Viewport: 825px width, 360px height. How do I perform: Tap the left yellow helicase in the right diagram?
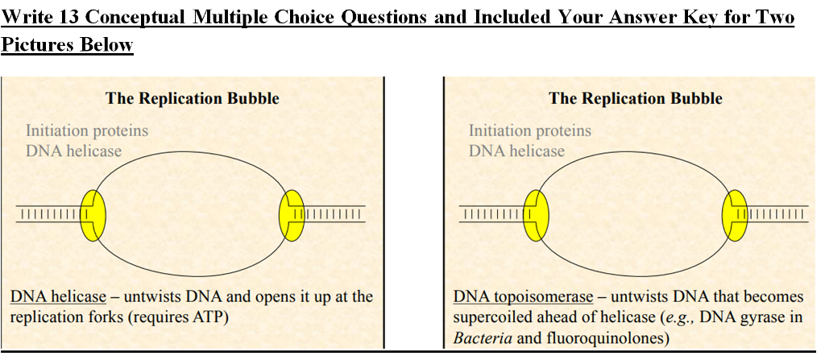(x=536, y=215)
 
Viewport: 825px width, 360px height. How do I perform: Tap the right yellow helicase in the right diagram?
(x=734, y=215)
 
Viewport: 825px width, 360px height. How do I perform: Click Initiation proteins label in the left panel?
(x=87, y=130)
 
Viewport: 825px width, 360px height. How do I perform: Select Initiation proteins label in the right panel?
(x=530, y=130)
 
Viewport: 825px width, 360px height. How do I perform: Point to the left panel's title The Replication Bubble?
(x=193, y=99)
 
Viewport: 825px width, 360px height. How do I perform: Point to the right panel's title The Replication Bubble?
(x=636, y=99)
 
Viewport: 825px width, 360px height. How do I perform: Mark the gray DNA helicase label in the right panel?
(x=517, y=151)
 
